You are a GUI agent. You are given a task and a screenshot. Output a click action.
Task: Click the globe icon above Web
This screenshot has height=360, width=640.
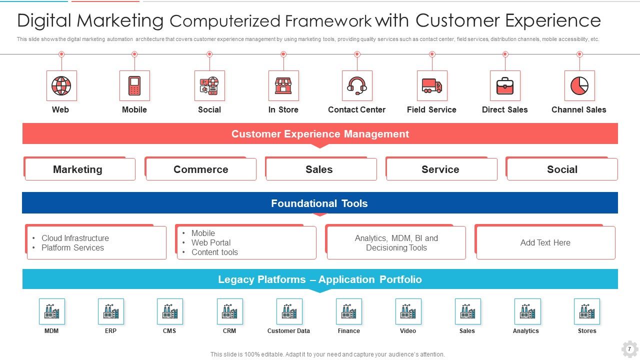pyautogui.click(x=61, y=86)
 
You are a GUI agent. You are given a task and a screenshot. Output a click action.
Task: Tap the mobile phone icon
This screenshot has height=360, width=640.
pyautogui.click(x=134, y=86)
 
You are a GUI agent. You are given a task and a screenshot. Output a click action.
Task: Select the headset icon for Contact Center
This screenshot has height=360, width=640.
pyautogui.click(x=357, y=86)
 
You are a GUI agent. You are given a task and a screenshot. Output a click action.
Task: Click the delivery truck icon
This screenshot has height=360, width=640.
pyautogui.click(x=432, y=86)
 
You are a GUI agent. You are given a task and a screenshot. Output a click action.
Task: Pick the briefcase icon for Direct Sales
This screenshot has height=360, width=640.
pyautogui.click(x=505, y=86)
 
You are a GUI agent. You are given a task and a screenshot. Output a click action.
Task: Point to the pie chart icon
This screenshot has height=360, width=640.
pyautogui.click(x=579, y=86)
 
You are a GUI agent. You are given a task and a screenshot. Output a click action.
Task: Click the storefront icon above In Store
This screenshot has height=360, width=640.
pyautogui.click(x=283, y=86)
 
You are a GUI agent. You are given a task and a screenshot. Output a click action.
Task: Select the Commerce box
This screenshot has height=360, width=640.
pyautogui.click(x=201, y=169)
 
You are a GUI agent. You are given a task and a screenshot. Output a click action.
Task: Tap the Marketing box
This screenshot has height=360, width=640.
pyautogui.click(x=78, y=169)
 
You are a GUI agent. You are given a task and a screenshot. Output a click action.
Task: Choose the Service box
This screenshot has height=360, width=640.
pyautogui.click(x=440, y=169)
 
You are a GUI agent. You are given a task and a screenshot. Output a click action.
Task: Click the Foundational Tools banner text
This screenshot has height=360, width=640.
pyautogui.click(x=319, y=203)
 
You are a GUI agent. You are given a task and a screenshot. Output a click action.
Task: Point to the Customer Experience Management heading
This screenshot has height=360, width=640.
pyautogui.click(x=320, y=134)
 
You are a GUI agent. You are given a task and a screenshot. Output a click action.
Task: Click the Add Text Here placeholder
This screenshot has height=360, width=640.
pyautogui.click(x=545, y=242)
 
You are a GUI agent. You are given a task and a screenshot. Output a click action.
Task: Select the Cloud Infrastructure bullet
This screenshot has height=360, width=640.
pyautogui.click(x=75, y=238)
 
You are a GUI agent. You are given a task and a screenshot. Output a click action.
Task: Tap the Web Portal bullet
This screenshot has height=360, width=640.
pyautogui.click(x=211, y=242)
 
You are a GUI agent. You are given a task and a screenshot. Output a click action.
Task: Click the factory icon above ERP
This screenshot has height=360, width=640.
pyautogui.click(x=111, y=311)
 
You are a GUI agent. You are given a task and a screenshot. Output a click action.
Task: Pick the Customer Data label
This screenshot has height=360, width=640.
pyautogui.click(x=288, y=331)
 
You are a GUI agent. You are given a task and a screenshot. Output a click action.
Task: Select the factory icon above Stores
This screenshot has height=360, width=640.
pyautogui.click(x=587, y=311)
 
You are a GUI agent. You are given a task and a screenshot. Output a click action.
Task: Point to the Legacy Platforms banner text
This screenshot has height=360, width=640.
pyautogui.click(x=320, y=279)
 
